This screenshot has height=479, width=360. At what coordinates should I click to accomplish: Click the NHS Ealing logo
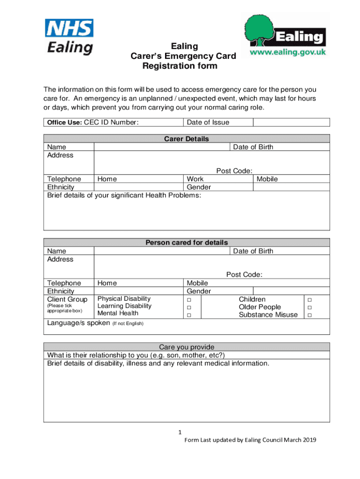[x=69, y=37]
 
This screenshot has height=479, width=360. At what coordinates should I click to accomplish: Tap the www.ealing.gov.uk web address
[x=288, y=53]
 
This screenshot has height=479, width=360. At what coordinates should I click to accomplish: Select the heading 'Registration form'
[x=180, y=66]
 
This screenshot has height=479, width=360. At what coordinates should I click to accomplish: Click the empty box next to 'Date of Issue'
[x=291, y=123]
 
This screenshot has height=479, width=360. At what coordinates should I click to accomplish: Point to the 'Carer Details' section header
[x=187, y=139]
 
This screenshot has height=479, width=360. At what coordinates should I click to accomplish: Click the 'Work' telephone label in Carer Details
[x=195, y=179]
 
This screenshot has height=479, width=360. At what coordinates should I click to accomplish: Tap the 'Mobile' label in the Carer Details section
[x=267, y=179]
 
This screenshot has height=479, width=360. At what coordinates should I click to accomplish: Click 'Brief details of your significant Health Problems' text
[x=124, y=195]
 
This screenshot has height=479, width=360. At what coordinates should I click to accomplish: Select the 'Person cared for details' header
[x=187, y=243]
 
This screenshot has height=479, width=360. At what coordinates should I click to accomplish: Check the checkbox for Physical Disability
[x=189, y=299]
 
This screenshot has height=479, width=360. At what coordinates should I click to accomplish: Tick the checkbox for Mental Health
[x=189, y=315]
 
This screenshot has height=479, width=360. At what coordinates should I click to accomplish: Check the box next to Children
[x=308, y=299]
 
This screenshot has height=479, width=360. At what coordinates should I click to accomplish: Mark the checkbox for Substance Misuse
[x=308, y=315]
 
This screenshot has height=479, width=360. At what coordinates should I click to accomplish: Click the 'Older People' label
[x=259, y=307]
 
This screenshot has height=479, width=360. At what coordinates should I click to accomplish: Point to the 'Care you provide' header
[x=187, y=347]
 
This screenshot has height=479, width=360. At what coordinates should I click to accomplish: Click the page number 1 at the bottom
[x=180, y=432]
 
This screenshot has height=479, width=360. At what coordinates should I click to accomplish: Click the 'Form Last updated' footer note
[x=250, y=440]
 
